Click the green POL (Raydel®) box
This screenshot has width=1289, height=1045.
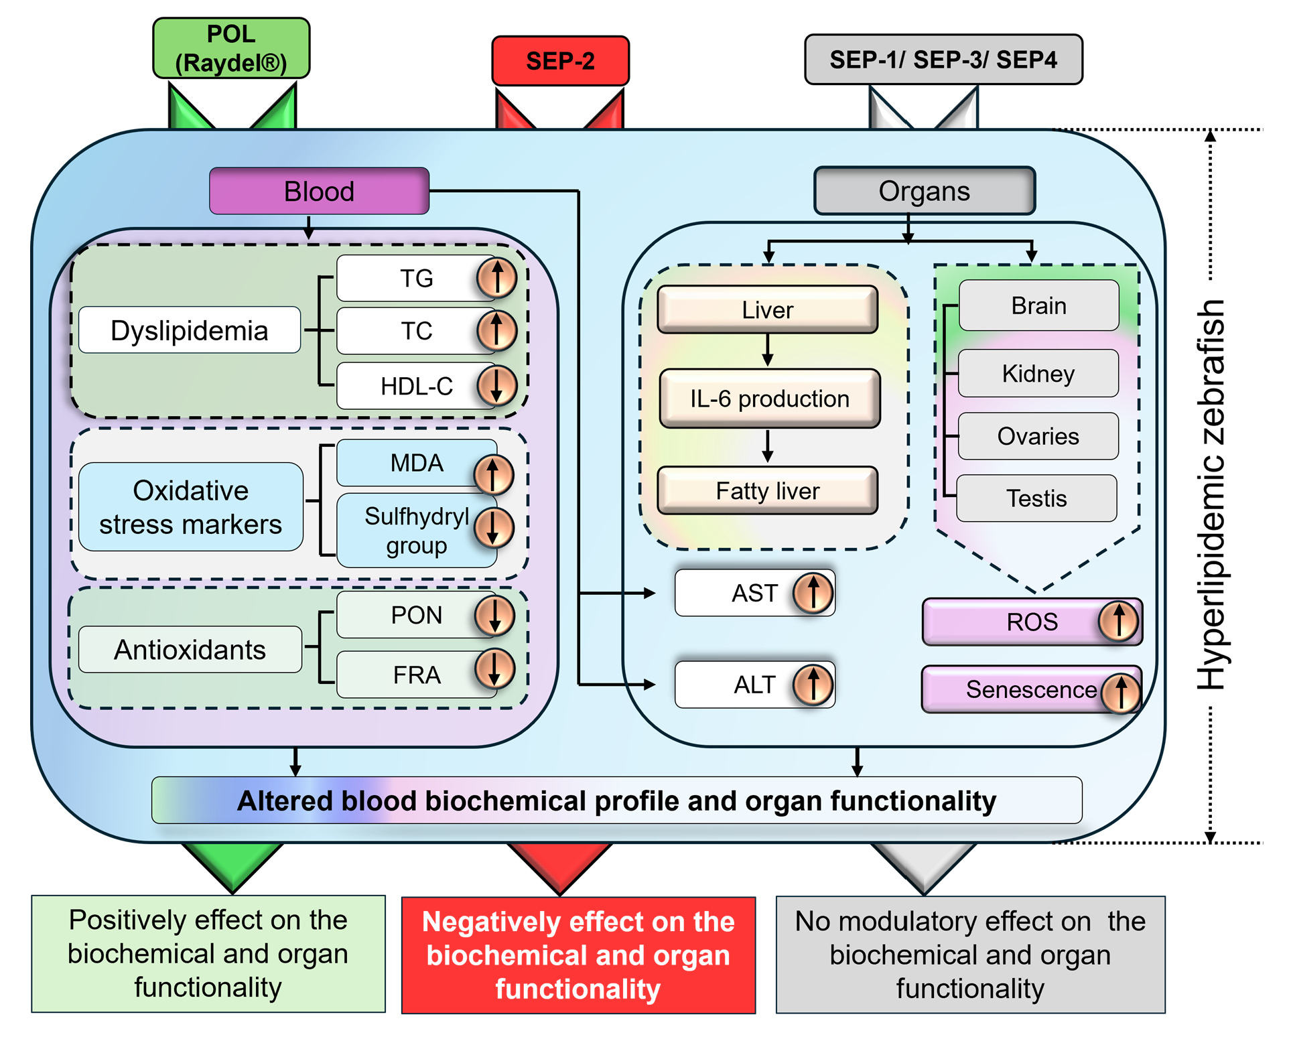coord(231,48)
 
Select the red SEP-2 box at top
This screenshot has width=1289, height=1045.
coord(561,61)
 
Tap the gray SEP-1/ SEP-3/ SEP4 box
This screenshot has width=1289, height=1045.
coord(943,60)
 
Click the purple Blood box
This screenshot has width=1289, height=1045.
coord(319,191)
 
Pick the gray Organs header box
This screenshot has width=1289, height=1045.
coord(925,191)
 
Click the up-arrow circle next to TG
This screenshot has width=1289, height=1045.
coord(496,277)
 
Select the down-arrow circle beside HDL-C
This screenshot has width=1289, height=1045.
coord(496,385)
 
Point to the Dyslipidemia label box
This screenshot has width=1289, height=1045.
coord(190,330)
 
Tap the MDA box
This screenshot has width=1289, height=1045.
coord(417,462)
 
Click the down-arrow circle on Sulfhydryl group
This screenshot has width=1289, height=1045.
coord(494,527)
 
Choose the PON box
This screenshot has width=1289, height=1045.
coord(417,615)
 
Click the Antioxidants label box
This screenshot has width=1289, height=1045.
coord(190,649)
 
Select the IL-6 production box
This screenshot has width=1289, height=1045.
coord(770,399)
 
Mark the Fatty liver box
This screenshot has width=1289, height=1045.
coord(768,490)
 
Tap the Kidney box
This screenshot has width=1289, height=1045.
coord(1038,373)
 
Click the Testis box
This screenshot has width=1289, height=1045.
coord(1036,498)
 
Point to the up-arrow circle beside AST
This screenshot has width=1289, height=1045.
coord(813,593)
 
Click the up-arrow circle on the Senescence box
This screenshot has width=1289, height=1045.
coord(1121,693)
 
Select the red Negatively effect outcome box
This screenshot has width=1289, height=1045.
coord(579,955)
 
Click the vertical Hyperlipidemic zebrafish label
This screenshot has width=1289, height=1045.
coord(1211,494)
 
